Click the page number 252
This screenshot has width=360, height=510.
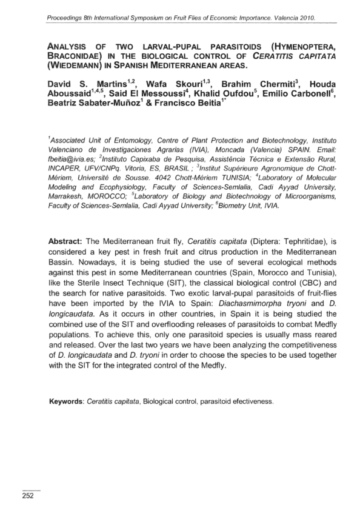(x=28, y=495)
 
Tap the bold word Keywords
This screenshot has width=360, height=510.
(x=67, y=401)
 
